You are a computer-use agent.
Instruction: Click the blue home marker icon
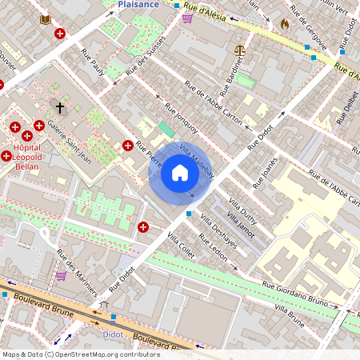point(180,172)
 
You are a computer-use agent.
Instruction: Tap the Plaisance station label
point(138,4)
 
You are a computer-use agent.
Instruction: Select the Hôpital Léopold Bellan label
point(23,156)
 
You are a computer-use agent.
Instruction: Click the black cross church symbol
point(59,106)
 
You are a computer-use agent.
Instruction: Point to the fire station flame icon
point(283,24)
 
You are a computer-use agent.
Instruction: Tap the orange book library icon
point(45,18)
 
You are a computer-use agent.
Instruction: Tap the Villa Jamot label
point(240,223)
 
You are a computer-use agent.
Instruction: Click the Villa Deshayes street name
point(218,233)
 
